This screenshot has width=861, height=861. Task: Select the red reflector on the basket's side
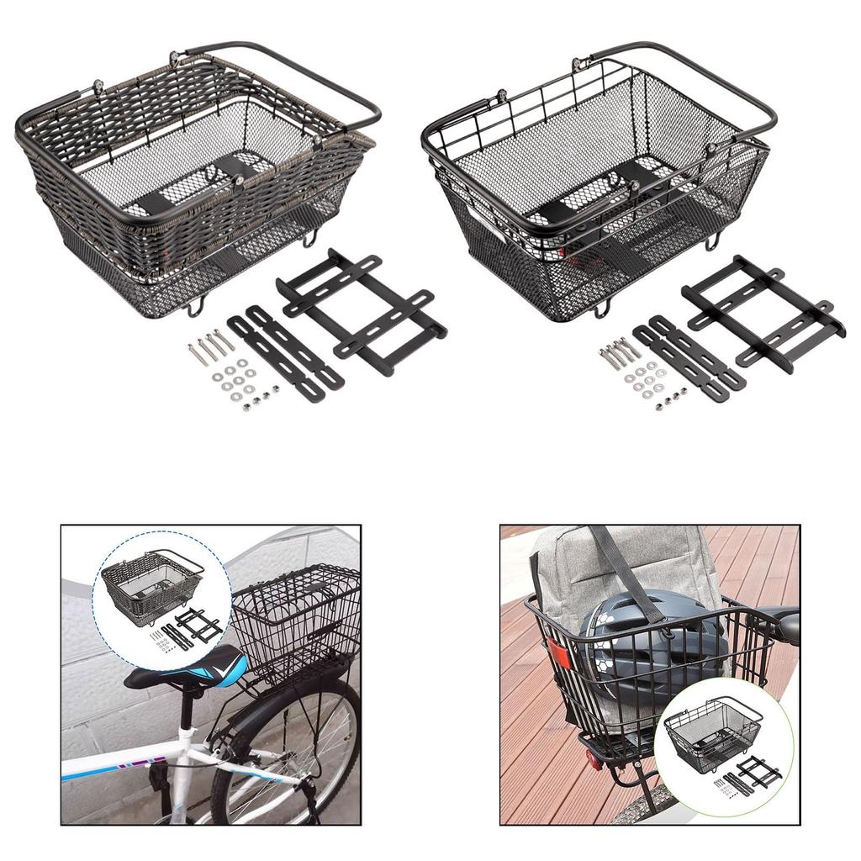pyautogui.click(x=557, y=654)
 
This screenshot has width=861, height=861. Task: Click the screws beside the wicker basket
pyautogui.click(x=210, y=345)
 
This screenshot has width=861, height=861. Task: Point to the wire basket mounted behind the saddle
pyautogui.click(x=294, y=618)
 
